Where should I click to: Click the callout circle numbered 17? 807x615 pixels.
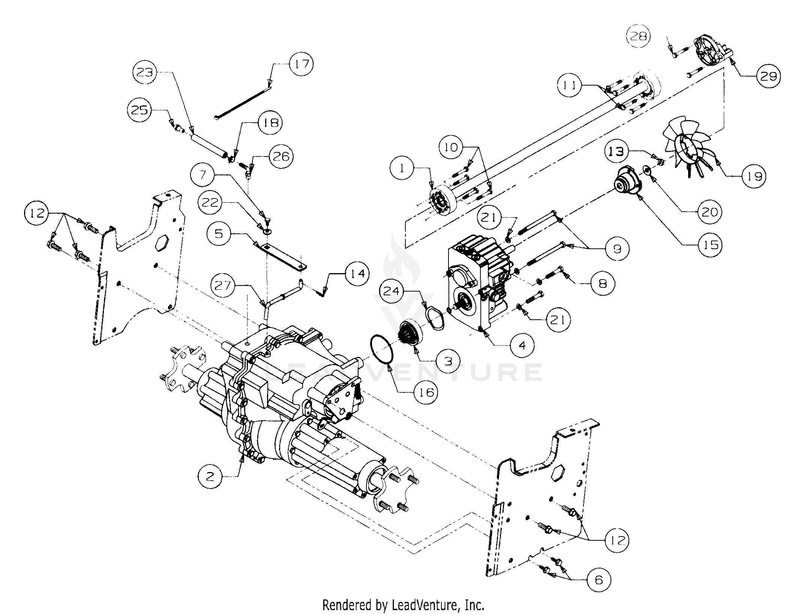point(302,64)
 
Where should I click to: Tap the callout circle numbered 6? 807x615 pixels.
point(598,590)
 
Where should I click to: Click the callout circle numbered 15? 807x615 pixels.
point(711,245)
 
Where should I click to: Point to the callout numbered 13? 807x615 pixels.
point(616,152)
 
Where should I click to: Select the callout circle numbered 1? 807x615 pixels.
point(402,168)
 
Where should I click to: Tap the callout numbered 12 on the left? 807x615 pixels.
point(36,214)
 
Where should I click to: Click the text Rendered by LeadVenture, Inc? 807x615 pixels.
point(403,605)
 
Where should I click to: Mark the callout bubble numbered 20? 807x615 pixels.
point(710,212)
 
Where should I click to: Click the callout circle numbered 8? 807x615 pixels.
point(603,283)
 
